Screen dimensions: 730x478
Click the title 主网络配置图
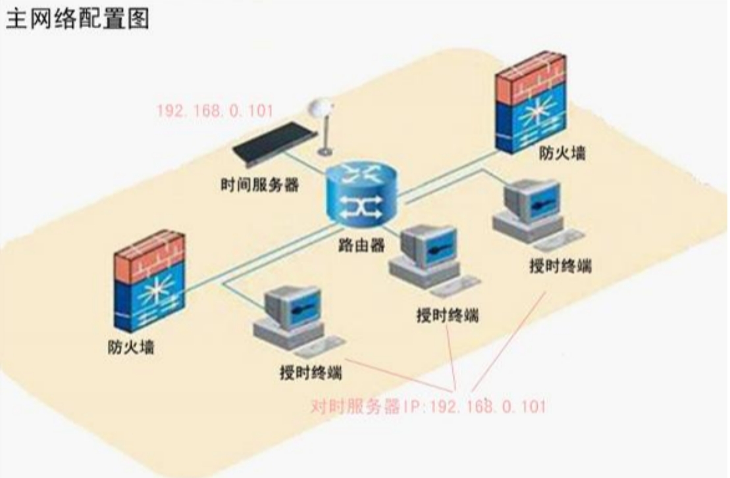[77, 18]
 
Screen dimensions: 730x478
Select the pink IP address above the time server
[215, 110]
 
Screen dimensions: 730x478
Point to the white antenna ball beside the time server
[321, 108]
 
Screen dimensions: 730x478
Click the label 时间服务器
[260, 185]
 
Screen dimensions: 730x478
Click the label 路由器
[362, 245]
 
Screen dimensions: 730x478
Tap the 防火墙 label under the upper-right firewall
[562, 153]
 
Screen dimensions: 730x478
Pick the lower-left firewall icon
[149, 281]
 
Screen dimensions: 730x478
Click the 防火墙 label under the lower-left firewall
[131, 347]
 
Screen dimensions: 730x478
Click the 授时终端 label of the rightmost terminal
[561, 266]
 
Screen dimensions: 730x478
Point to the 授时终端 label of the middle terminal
[448, 316]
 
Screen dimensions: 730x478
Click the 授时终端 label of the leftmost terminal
[311, 372]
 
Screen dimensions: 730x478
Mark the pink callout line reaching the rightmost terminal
[508, 341]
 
